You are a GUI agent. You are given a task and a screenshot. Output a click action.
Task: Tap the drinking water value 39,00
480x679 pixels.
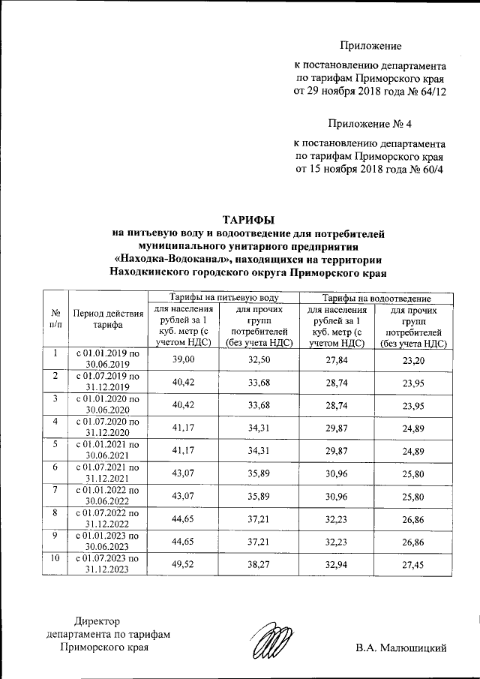point(183,360)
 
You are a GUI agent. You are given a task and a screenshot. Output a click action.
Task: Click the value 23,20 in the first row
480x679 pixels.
point(413,360)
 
